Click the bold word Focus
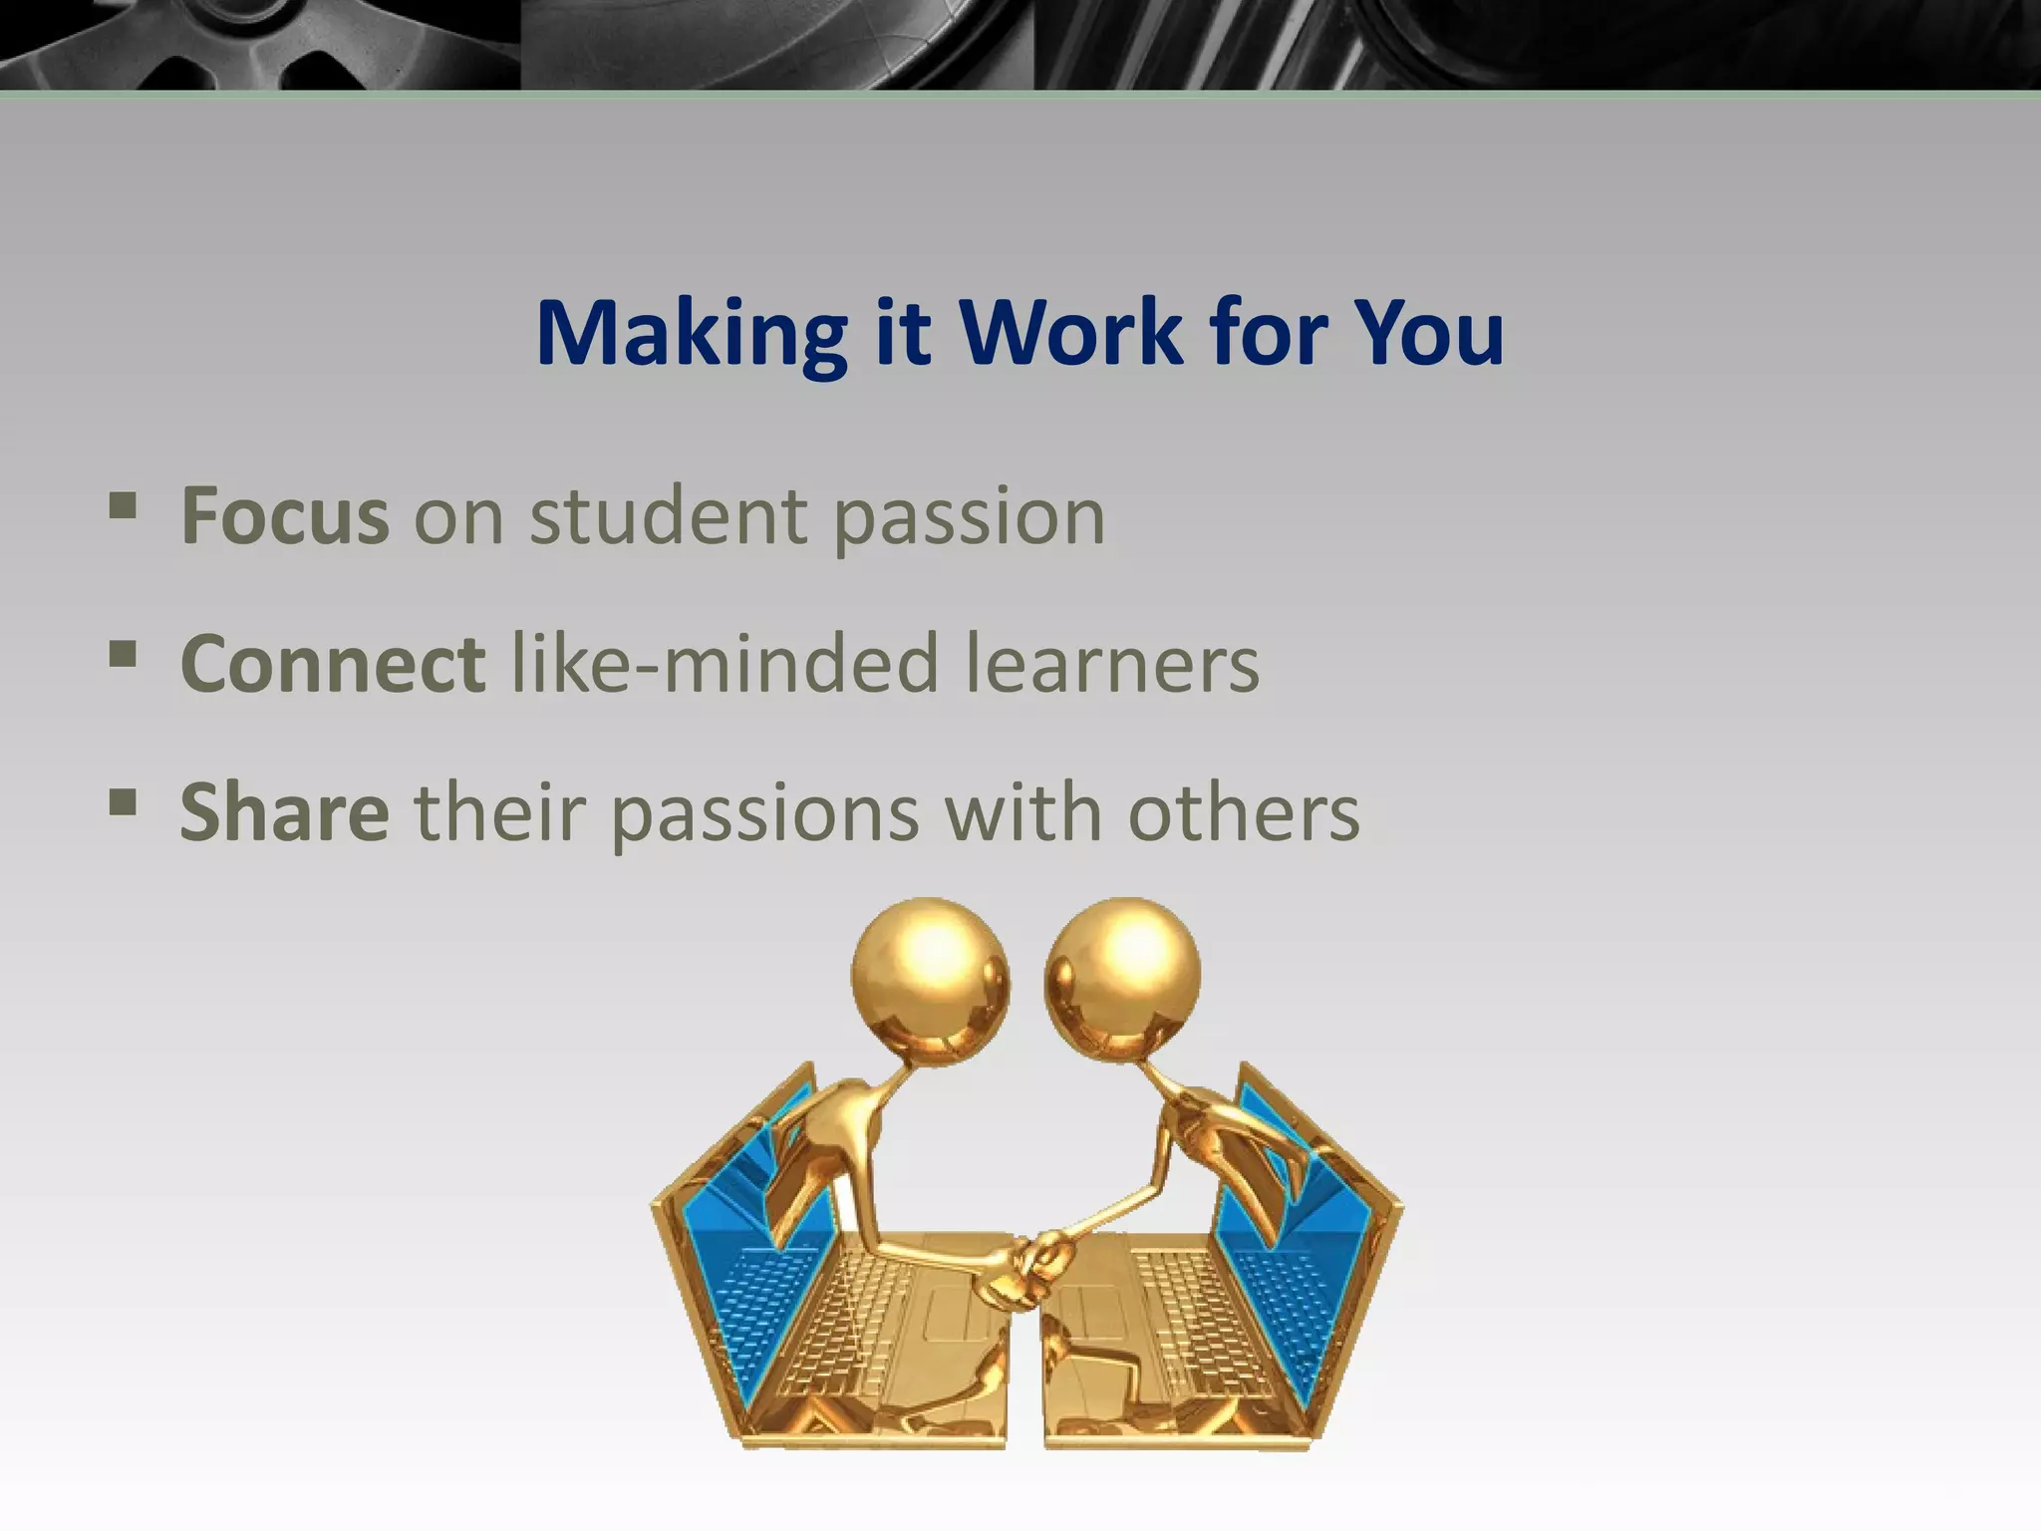(285, 516)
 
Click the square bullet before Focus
(122, 506)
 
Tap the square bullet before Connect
(122, 655)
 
